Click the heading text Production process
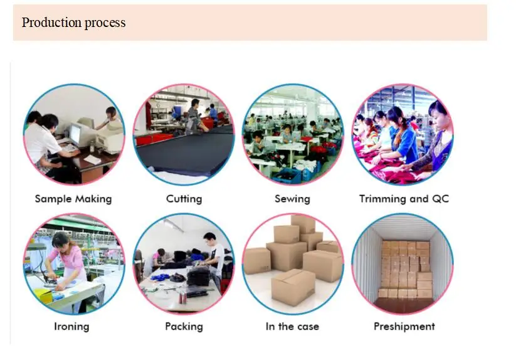click(x=73, y=23)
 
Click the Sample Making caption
click(x=73, y=199)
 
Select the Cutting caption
click(x=184, y=199)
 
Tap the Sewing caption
click(x=292, y=199)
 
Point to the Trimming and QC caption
click(x=404, y=199)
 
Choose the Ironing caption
click(x=71, y=326)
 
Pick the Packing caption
click(x=184, y=326)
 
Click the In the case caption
click(x=292, y=326)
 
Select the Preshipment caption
click(x=404, y=326)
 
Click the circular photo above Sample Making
click(x=74, y=134)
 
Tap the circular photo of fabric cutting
click(x=184, y=134)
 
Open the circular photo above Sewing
click(x=292, y=134)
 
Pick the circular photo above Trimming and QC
click(x=403, y=134)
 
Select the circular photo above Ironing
click(x=74, y=263)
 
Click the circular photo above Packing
click(x=184, y=263)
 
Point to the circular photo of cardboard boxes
click(x=292, y=263)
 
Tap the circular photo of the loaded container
click(x=403, y=263)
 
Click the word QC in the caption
click(x=440, y=199)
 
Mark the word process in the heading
click(x=104, y=23)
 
